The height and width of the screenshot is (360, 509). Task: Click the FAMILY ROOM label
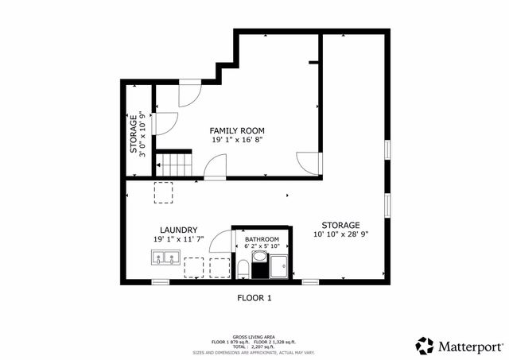[x=236, y=130]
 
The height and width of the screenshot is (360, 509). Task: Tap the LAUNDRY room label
[x=178, y=230]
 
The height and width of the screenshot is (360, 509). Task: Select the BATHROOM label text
[x=262, y=239]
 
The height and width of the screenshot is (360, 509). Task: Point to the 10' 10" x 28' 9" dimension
[x=341, y=234]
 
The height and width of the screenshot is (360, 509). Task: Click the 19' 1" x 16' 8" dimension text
[x=236, y=140]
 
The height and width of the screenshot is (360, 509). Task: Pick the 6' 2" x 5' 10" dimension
[x=262, y=247]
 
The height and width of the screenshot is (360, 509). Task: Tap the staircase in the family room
[x=173, y=165]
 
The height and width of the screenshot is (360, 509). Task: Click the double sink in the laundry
[x=165, y=257]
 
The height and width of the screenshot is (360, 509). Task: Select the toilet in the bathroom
[x=241, y=267]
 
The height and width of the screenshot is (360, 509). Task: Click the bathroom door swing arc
[x=220, y=245]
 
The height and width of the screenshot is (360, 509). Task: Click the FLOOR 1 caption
[x=254, y=298]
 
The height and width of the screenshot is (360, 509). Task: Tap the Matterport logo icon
[x=425, y=346]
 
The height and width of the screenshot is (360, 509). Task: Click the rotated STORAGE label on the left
[x=134, y=136]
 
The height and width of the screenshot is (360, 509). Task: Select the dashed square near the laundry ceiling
[x=164, y=193]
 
